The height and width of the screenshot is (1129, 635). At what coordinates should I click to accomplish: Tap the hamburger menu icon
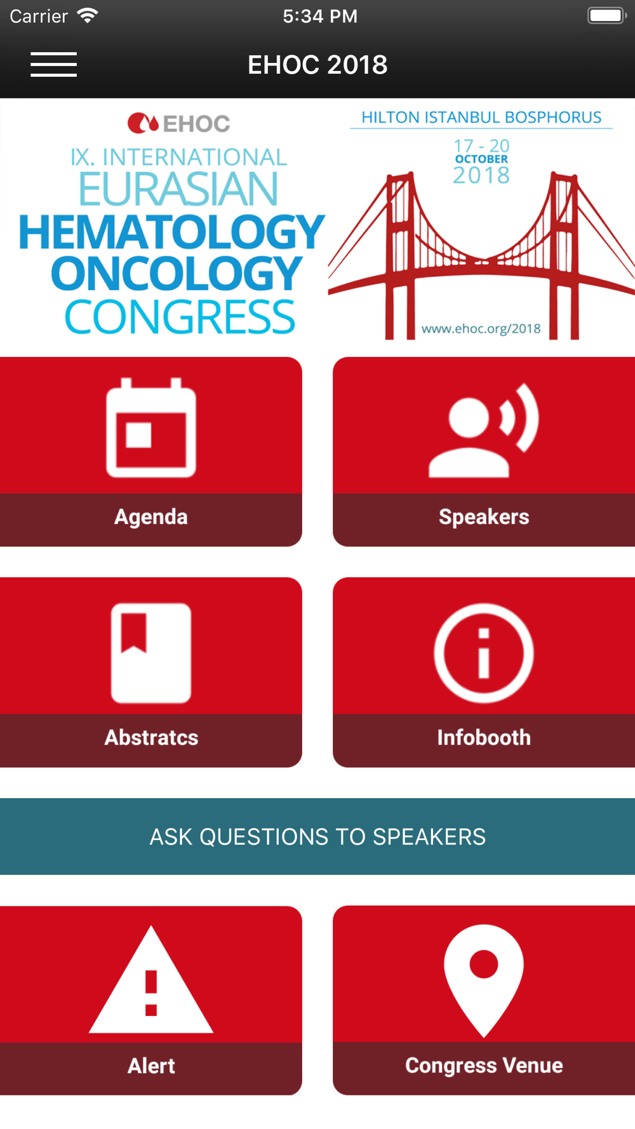(53, 65)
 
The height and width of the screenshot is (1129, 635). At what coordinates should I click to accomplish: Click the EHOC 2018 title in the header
(317, 65)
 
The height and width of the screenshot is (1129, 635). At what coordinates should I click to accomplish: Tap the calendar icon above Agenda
(151, 427)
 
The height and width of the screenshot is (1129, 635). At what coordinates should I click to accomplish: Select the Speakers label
(484, 517)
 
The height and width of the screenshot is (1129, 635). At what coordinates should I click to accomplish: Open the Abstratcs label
(151, 737)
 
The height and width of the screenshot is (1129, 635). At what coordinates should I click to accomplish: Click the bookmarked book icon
(151, 653)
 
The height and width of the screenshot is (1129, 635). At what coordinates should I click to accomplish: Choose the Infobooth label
(484, 737)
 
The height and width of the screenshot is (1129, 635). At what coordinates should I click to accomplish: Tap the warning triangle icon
(151, 980)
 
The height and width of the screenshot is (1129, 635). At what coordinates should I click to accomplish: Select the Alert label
(151, 1066)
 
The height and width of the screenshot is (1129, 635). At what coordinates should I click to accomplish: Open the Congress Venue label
(484, 1066)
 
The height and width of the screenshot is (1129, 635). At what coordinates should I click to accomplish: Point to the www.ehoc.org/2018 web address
(481, 328)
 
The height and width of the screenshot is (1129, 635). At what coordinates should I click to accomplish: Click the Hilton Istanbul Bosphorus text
(481, 117)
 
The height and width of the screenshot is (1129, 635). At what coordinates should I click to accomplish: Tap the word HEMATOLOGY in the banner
(172, 232)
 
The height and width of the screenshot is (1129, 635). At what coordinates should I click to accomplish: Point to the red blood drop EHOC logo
(143, 123)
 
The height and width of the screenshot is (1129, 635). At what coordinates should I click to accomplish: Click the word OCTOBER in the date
(481, 159)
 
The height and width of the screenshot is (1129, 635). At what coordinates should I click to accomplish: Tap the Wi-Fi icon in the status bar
(87, 16)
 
